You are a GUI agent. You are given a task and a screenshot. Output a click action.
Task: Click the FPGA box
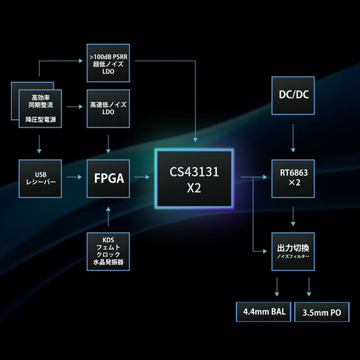tap(108, 179)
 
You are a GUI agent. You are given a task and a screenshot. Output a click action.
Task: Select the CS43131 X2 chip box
tap(194, 179)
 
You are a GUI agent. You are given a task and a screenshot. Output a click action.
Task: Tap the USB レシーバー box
tap(40, 179)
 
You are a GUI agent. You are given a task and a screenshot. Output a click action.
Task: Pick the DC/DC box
tap(293, 95)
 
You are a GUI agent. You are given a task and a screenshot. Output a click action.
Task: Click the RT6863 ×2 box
tap(293, 179)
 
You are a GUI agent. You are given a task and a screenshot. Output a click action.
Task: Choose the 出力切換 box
tap(293, 251)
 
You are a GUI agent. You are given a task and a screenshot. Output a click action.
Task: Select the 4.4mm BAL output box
tap(263, 312)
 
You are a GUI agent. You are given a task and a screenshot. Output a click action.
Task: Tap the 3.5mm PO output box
tap(322, 312)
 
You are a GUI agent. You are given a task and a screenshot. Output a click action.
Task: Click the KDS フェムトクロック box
tap(108, 251)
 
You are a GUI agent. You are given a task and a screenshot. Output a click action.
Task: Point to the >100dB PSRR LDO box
tap(108, 63)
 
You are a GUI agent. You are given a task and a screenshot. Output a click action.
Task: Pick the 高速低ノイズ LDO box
tap(108, 109)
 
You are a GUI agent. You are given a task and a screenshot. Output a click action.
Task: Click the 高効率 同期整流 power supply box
tap(40, 109)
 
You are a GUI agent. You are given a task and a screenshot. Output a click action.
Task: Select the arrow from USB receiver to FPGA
tap(74, 177)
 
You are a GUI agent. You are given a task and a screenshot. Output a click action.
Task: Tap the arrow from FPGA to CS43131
tap(142, 177)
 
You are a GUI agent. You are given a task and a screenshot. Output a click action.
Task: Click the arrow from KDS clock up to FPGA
tap(108, 217)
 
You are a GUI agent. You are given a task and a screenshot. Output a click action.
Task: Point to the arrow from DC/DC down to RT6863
tap(293, 138)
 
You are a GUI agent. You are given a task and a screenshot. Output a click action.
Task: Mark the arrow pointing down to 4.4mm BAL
tap(277, 287)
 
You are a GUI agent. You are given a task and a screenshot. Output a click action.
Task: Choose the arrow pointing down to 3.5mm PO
tap(309, 287)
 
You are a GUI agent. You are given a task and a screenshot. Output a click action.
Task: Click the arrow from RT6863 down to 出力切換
tap(293, 217)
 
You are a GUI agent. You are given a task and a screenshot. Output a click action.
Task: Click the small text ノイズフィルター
tap(293, 256)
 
